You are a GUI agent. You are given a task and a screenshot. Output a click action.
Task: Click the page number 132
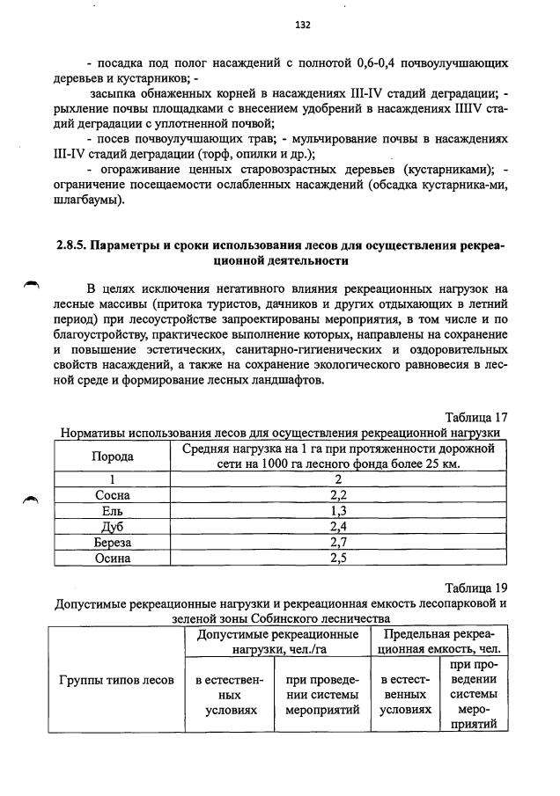tap(303, 26)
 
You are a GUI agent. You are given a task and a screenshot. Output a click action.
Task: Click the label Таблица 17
tap(477, 418)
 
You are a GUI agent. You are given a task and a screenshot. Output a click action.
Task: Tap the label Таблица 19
tap(477, 588)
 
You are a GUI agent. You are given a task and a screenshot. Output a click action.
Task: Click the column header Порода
tap(113, 456)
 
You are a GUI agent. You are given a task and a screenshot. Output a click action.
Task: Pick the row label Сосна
tap(113, 494)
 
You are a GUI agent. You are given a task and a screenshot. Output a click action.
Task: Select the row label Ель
tap(113, 510)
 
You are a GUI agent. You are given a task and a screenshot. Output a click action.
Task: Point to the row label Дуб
tap(113, 526)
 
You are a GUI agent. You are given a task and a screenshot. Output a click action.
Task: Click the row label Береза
tap(113, 542)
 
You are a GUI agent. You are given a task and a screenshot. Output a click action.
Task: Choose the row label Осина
tap(113, 558)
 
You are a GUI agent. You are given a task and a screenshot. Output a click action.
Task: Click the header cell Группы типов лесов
tap(116, 680)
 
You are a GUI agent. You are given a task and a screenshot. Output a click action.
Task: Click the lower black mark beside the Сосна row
tap(32, 499)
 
